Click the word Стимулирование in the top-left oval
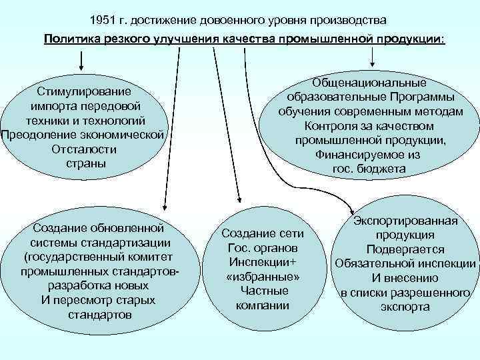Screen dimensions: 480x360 (x=84, y=91)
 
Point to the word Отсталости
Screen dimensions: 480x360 (x=83, y=149)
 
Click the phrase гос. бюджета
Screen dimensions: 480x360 (x=369, y=169)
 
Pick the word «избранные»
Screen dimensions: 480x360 (x=263, y=277)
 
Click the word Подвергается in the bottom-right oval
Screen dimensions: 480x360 (x=405, y=249)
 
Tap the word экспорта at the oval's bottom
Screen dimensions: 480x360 (x=405, y=307)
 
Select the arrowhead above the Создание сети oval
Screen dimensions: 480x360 (x=241, y=198)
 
